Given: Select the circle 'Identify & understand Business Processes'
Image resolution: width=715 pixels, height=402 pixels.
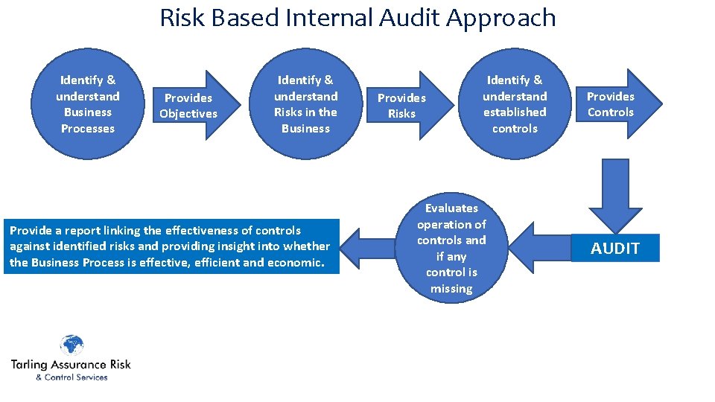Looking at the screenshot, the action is (x=88, y=104).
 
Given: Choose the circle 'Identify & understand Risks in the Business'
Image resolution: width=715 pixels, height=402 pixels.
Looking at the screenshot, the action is (x=305, y=104).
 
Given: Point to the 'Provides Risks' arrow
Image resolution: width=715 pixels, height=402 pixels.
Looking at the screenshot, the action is (x=404, y=105).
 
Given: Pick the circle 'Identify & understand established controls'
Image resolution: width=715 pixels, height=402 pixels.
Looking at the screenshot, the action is (x=514, y=104).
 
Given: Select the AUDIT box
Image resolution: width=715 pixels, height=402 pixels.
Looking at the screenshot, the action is (x=615, y=248).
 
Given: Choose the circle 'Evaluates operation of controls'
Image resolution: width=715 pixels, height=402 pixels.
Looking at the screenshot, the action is (x=451, y=248).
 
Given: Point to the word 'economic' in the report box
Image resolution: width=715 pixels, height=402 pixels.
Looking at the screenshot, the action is (x=297, y=263).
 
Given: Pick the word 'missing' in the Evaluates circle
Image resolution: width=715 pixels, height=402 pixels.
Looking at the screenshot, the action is (x=451, y=288).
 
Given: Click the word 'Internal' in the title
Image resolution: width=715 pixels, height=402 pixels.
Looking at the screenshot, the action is (x=328, y=17).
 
